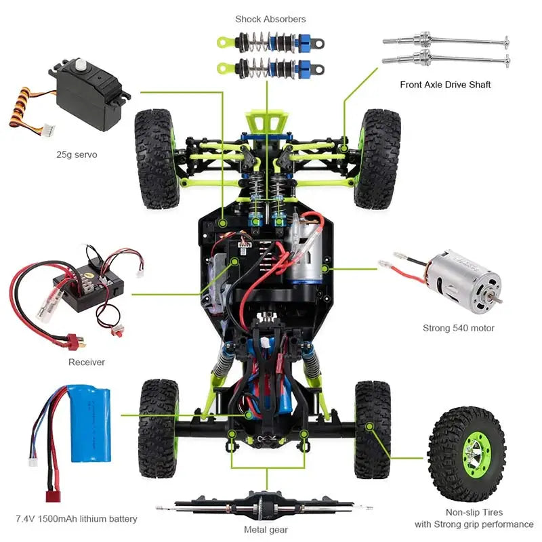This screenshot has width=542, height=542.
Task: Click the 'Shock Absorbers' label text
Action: click(x=270, y=19)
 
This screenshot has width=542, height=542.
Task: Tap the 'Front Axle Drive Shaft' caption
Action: click(x=445, y=85)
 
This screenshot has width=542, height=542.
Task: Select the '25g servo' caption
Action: click(x=77, y=154)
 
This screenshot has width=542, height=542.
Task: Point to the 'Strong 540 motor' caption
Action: click(x=459, y=328)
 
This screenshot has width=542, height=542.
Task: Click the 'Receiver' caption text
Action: click(x=87, y=362)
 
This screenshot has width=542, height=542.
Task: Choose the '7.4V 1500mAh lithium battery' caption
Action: click(x=77, y=519)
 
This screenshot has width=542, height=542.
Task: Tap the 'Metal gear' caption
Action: click(x=266, y=530)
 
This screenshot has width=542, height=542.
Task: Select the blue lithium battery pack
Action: click(x=90, y=423)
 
